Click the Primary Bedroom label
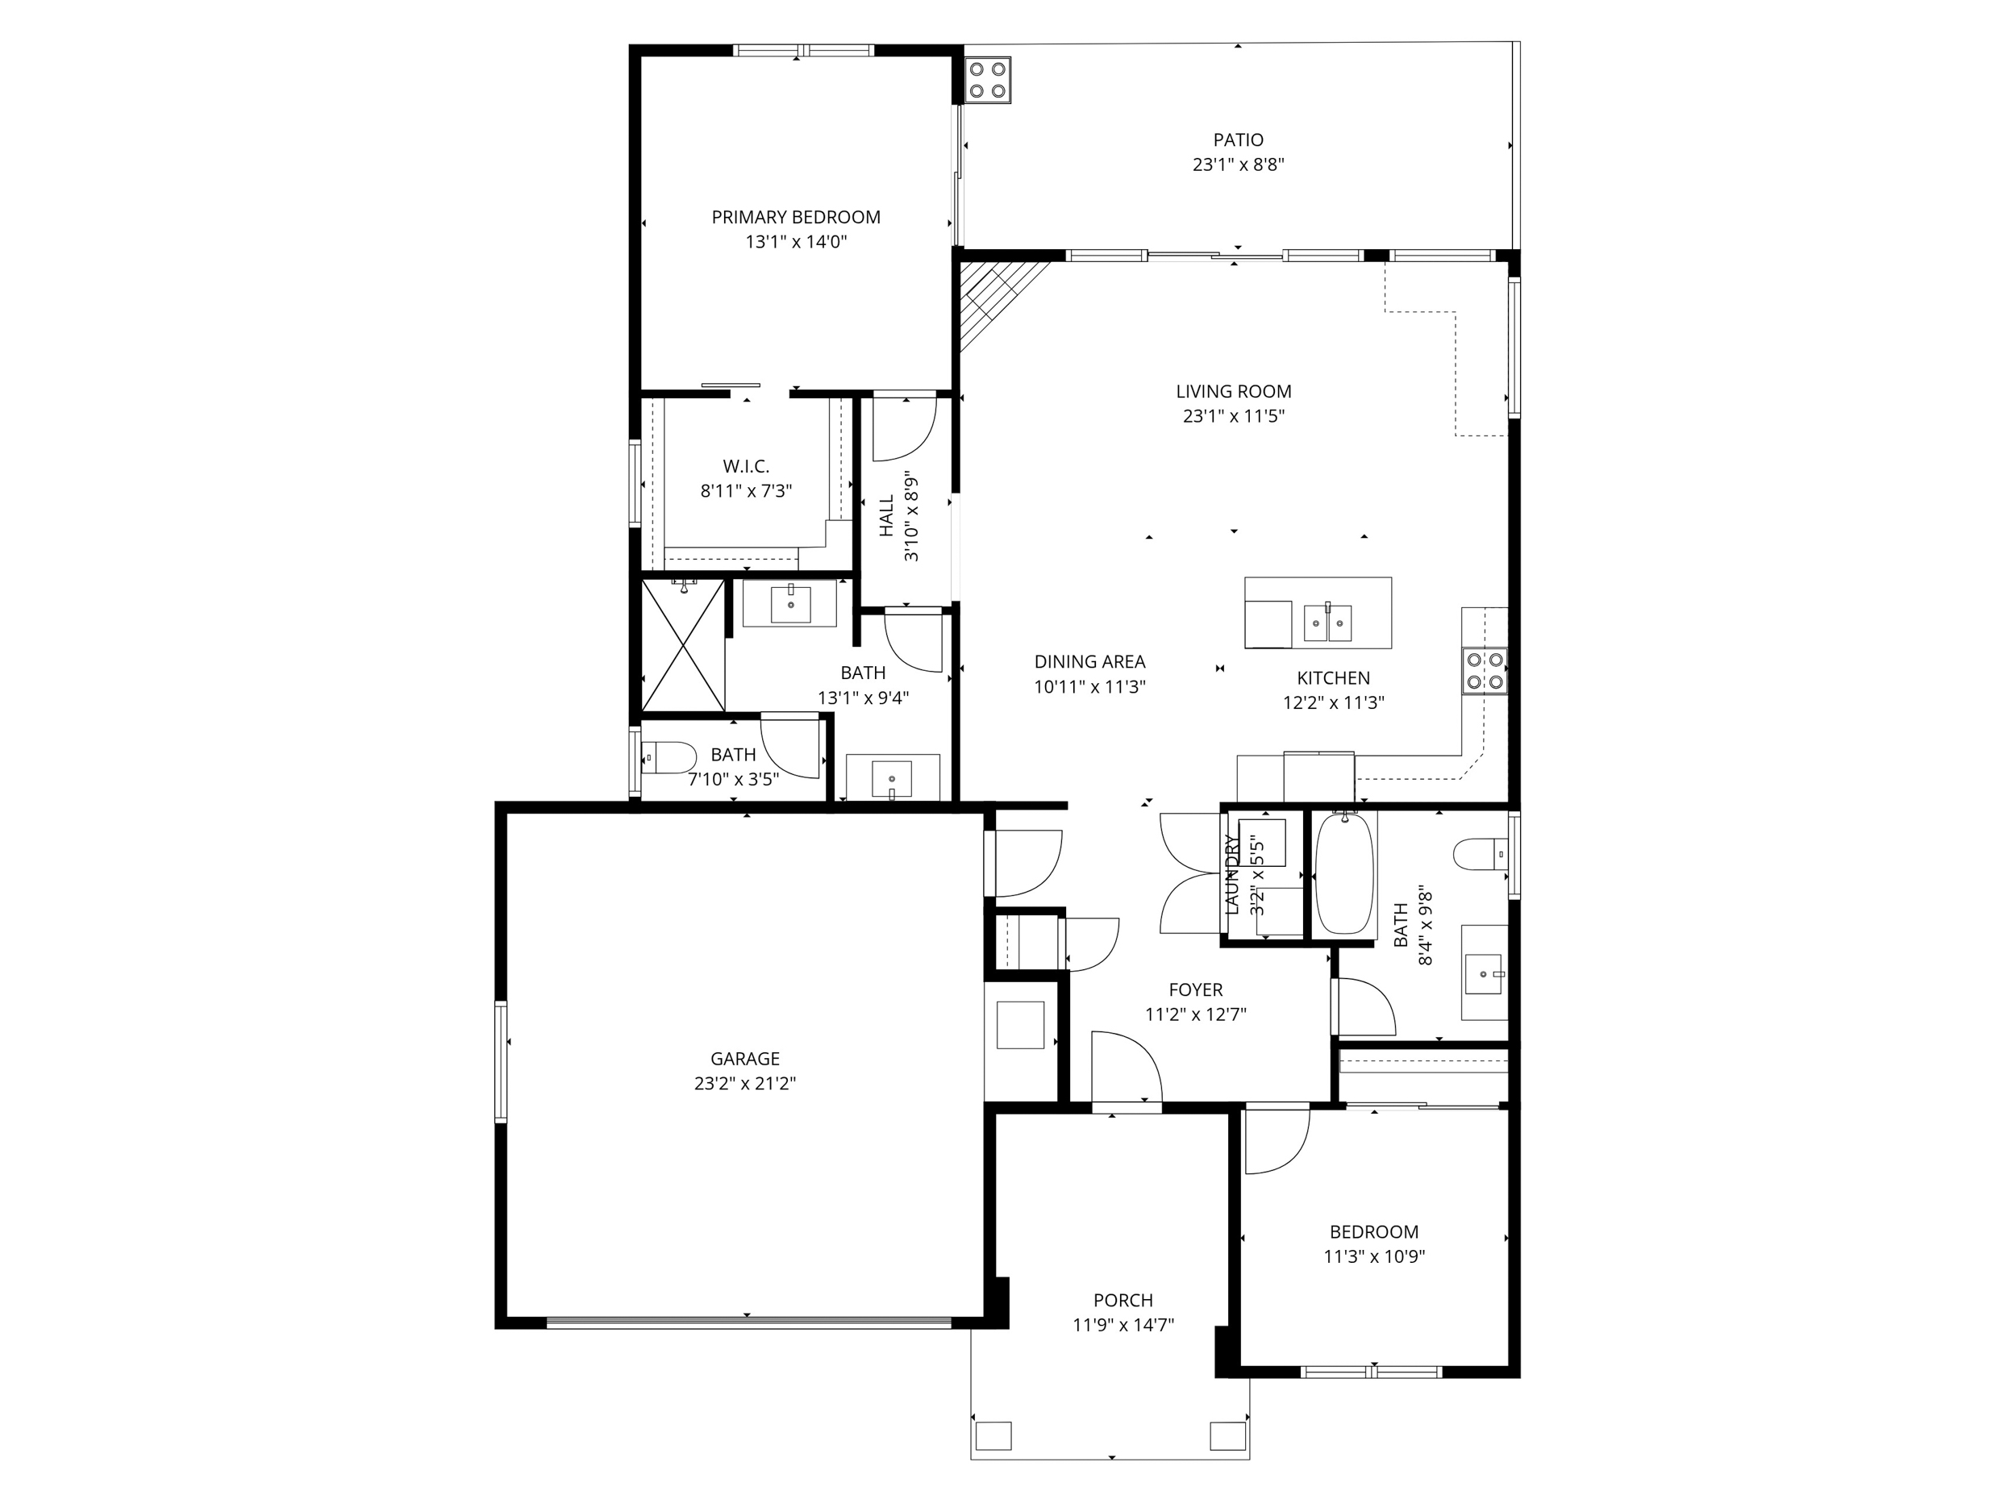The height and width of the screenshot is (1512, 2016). tap(796, 217)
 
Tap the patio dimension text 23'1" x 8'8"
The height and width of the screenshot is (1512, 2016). tap(1238, 165)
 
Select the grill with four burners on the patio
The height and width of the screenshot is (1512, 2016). tap(987, 79)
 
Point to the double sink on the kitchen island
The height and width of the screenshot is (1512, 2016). tap(1327, 623)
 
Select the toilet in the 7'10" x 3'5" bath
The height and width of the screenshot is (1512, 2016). tap(668, 757)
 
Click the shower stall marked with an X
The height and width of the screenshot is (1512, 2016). tap(683, 645)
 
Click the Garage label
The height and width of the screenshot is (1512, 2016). tap(744, 1058)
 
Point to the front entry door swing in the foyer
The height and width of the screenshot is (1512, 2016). tap(1126, 1066)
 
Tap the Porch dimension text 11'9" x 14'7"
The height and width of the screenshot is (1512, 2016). tap(1123, 1325)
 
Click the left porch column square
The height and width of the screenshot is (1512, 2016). tap(993, 1436)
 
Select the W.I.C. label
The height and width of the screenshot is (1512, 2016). tap(746, 467)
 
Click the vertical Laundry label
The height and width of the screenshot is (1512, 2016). tap(1233, 875)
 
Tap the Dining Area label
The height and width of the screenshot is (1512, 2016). tap(1089, 662)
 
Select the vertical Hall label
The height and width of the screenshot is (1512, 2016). tap(887, 516)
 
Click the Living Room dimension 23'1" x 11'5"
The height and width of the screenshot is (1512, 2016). tap(1233, 417)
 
